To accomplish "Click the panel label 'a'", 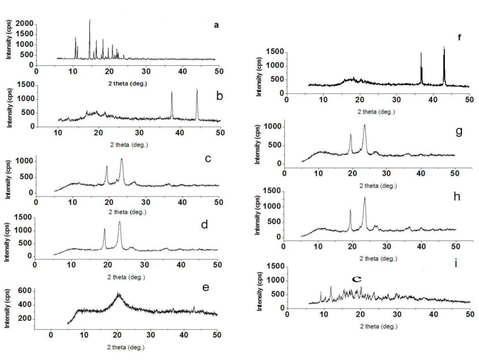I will click(216, 25).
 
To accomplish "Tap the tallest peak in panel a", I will click(89, 20).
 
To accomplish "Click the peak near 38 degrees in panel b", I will click(172, 93).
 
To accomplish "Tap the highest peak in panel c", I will click(122, 159).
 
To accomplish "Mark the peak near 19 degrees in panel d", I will click(104, 229).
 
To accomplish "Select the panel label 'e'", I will click(206, 288).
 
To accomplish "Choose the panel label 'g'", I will click(459, 131).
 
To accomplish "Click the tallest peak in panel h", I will click(365, 198).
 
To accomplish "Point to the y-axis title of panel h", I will click(259, 216).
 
